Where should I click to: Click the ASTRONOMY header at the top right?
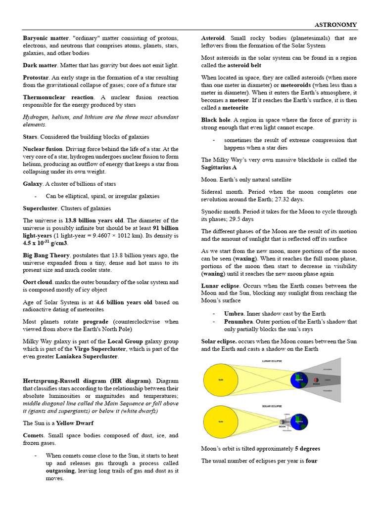[x=335, y=25]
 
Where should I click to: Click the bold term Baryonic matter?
[x=46, y=38]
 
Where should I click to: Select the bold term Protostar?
[x=36, y=78]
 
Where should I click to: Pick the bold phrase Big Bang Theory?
[x=46, y=255]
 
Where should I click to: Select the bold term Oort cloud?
[x=38, y=283]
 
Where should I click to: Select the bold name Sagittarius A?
[x=222, y=168]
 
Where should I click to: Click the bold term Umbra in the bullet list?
[x=234, y=314]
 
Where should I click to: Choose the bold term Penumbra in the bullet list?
[x=238, y=322]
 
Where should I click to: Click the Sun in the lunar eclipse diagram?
[x=221, y=380]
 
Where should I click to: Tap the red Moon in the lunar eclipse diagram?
[x=316, y=380]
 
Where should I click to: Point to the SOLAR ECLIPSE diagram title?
[x=272, y=406]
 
